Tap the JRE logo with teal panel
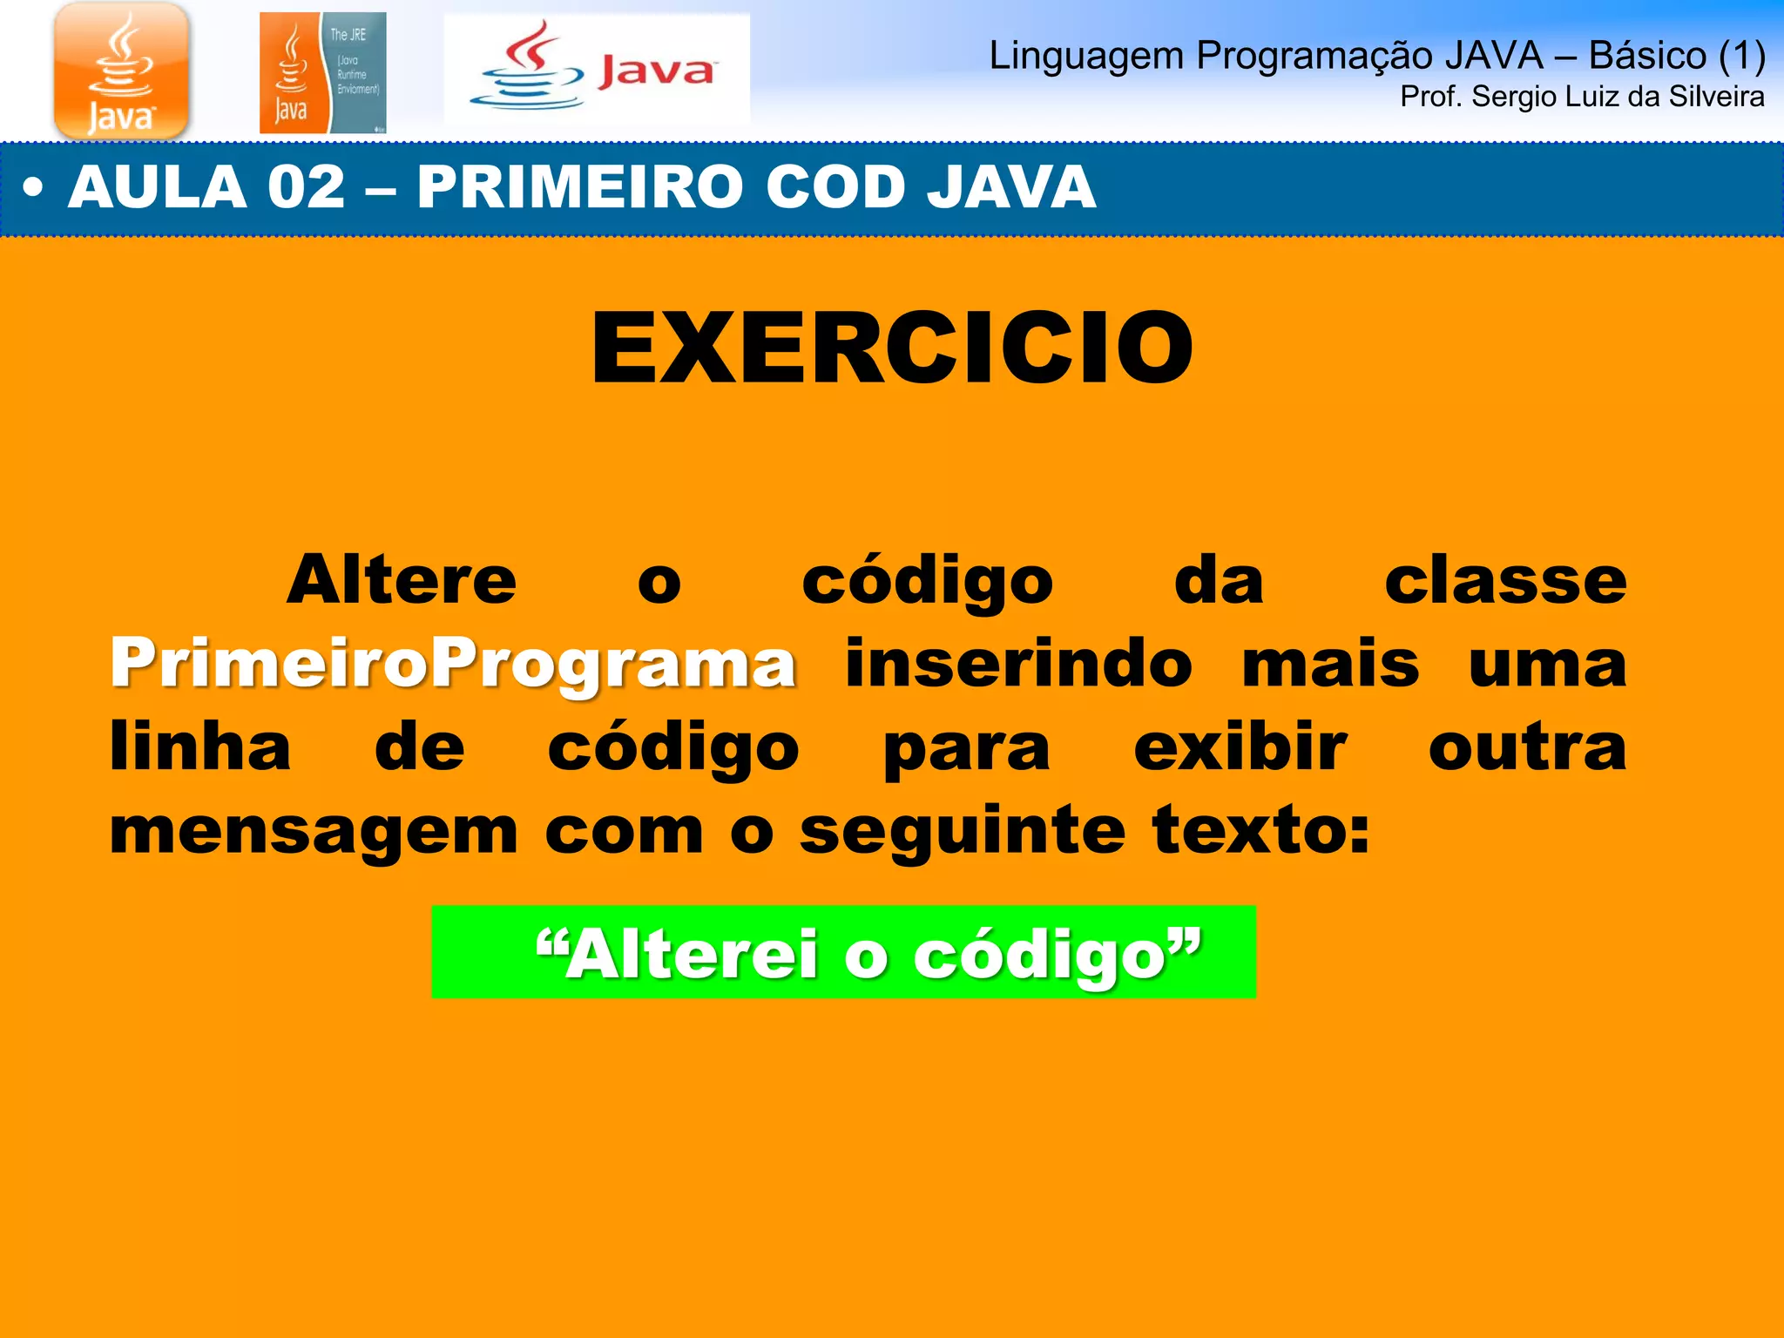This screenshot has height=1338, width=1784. [x=322, y=73]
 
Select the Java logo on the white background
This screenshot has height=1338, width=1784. [x=597, y=70]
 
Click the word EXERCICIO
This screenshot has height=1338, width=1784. [x=892, y=348]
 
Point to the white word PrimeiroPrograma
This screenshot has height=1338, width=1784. [x=453, y=664]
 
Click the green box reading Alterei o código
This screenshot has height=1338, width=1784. [x=843, y=952]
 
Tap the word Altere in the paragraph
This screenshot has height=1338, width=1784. [x=402, y=580]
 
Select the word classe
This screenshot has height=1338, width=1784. [x=1505, y=580]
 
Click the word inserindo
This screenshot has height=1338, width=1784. [x=1018, y=664]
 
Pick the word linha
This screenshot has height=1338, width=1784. [x=200, y=747]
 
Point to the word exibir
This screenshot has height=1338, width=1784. [x=1240, y=747]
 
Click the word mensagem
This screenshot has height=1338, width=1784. [x=314, y=832]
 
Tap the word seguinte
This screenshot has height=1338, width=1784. [x=963, y=832]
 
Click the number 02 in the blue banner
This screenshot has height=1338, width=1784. [x=307, y=187]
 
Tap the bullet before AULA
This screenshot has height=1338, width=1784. [x=33, y=187]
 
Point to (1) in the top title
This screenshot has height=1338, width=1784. [x=1741, y=56]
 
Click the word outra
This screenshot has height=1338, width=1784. [x=1527, y=747]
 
